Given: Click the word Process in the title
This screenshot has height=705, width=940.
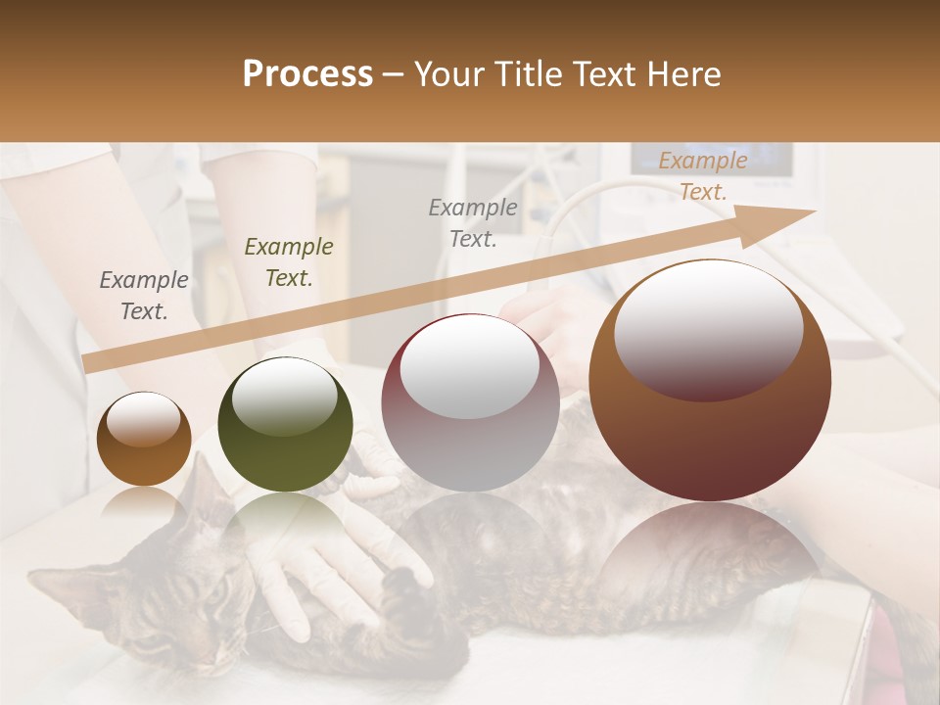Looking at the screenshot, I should click(307, 74).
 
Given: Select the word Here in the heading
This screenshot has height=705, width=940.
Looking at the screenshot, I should click(684, 74).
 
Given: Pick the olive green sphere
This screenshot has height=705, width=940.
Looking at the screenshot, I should click(285, 425).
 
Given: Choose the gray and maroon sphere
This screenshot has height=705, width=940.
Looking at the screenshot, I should click(470, 403).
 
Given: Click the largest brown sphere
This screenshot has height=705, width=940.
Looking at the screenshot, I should click(710, 381).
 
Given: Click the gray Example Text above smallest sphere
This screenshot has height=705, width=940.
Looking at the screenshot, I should click(144, 296).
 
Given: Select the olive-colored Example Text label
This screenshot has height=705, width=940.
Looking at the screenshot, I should click(289, 262).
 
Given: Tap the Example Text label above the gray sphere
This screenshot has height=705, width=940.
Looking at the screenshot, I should click(473, 223).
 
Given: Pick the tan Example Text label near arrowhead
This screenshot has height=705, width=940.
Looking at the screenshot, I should click(702, 176).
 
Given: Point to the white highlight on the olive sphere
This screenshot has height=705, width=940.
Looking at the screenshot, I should click(285, 395).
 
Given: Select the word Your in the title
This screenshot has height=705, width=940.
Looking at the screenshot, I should click(448, 74).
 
